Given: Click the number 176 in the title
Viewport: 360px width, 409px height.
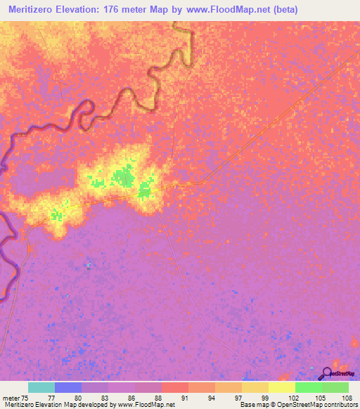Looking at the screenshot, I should (x=128, y=10).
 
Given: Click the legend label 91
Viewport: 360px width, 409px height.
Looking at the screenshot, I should (x=185, y=397).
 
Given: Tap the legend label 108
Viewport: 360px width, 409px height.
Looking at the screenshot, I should (x=345, y=397).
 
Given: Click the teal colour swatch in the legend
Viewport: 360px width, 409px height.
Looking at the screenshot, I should (x=41, y=387).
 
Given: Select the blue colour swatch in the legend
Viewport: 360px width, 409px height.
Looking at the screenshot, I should (x=68, y=387).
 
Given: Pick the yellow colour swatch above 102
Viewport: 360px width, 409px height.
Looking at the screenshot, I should (x=282, y=387).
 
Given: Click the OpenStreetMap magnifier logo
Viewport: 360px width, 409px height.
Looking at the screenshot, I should (x=326, y=374).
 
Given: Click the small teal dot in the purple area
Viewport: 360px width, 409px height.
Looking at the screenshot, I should (x=89, y=265).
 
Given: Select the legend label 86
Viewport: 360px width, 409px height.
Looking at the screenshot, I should (x=131, y=397).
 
